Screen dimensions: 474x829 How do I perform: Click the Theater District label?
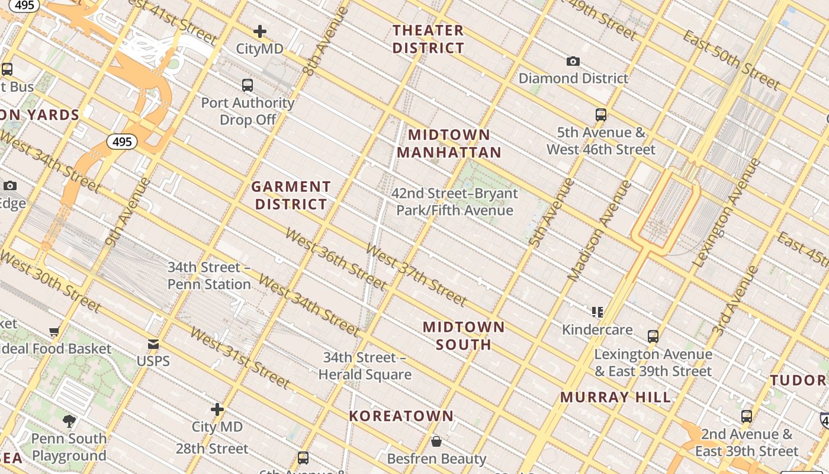(428, 39)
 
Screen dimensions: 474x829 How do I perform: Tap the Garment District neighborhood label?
(290, 196)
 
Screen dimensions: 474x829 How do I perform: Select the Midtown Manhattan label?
(449, 143)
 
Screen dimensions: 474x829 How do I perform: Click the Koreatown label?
(401, 416)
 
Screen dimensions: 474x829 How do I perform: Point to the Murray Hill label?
(616, 397)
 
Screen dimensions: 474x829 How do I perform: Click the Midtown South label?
(464, 335)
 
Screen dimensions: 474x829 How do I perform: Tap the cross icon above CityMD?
(259, 31)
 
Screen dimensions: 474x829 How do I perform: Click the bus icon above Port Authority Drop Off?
(248, 85)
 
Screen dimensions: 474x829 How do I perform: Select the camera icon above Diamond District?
(573, 61)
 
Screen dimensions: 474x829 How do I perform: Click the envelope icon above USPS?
(153, 344)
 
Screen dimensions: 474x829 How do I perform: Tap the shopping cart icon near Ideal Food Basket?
(54, 332)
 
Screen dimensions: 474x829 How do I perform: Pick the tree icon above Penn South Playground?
(69, 421)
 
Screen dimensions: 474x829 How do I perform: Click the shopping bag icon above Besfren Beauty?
(436, 441)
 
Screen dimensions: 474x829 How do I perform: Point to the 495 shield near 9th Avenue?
(122, 142)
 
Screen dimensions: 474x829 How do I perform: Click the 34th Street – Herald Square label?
(365, 366)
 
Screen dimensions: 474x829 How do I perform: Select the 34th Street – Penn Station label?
(209, 276)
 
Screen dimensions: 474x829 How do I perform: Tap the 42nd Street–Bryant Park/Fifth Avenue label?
(454, 201)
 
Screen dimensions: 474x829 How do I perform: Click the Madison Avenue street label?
(600, 231)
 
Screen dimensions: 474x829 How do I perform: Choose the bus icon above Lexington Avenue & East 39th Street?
(653, 337)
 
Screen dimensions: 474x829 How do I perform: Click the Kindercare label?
(597, 329)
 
